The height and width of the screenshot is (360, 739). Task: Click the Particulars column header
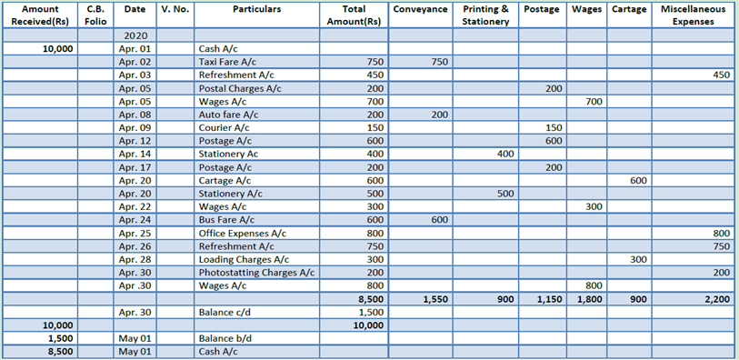point(256,8)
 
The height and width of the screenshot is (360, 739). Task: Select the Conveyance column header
point(421,8)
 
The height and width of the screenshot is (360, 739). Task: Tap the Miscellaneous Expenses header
point(693,15)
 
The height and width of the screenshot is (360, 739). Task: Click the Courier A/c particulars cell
point(224,128)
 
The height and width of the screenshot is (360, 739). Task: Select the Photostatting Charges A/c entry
point(256,272)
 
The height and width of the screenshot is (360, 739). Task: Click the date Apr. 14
point(135,154)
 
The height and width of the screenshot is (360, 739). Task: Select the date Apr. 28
point(135,259)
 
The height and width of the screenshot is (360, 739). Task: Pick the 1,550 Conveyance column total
point(433,298)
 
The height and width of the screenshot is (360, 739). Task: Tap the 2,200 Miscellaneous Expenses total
point(716,298)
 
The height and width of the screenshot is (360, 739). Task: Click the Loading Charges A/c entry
point(239,259)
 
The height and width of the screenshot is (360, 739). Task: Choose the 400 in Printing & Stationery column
point(505,154)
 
